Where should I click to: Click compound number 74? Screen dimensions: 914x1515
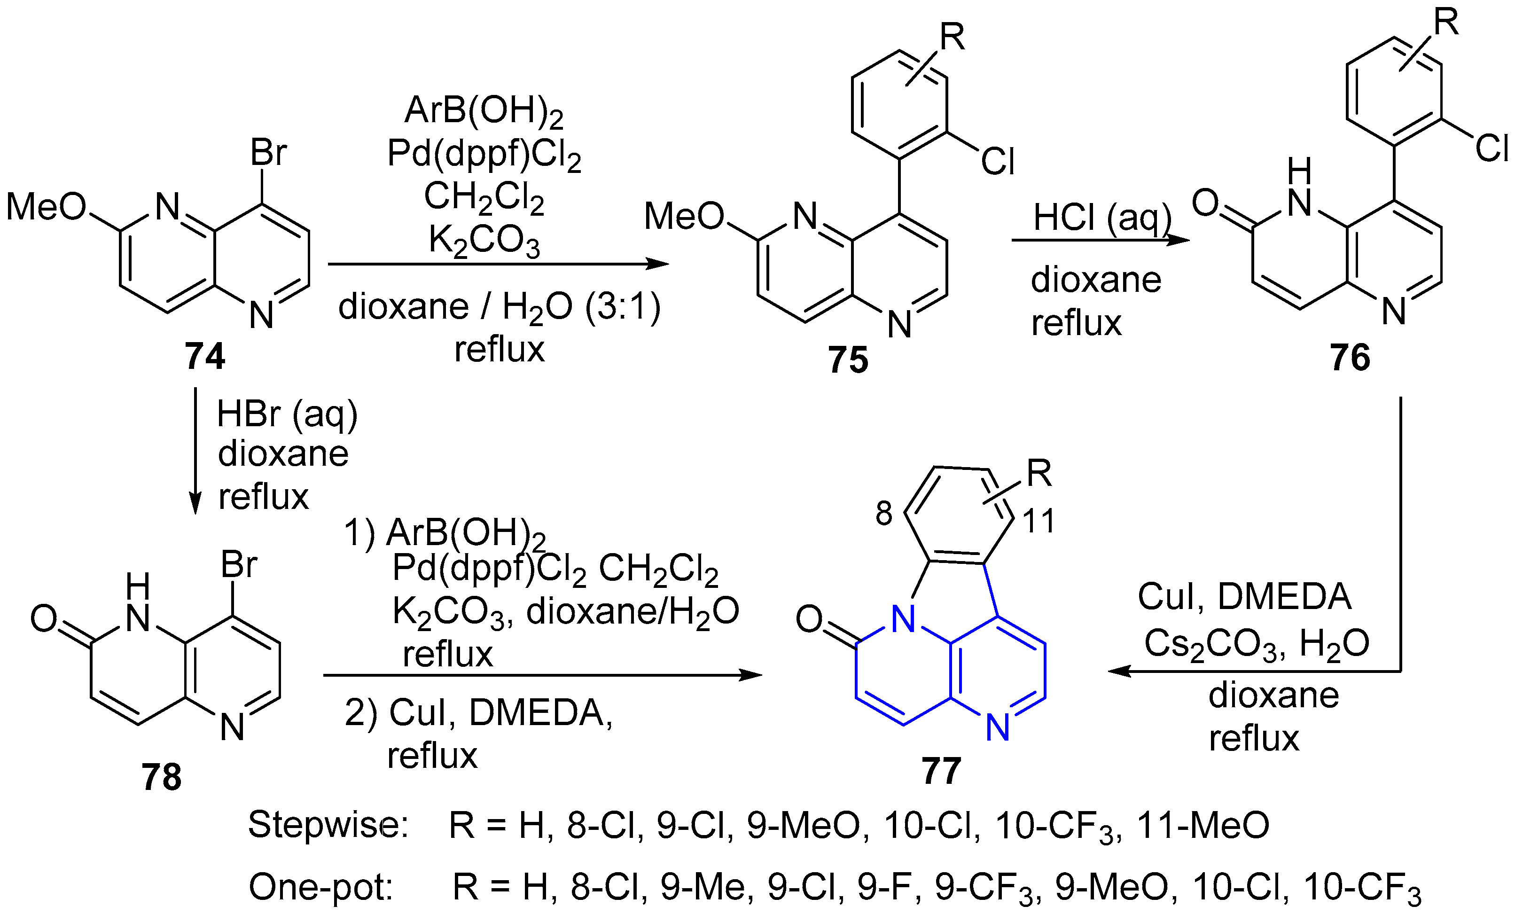coord(205,356)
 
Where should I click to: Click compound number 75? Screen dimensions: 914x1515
coord(848,359)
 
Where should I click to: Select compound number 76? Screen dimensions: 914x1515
coord(1350,357)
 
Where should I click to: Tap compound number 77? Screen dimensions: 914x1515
coord(941,770)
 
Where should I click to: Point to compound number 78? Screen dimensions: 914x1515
coord(162,777)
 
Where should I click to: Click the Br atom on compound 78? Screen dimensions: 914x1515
coord(239,564)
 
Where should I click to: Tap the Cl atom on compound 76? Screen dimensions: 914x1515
coord(1492,148)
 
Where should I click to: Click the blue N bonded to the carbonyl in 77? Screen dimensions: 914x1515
coord(903,619)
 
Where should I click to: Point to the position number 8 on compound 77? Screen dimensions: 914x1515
coord(883,513)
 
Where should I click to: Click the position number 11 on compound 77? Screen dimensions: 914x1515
coord(1039,521)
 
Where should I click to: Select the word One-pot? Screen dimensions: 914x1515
coord(321,887)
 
